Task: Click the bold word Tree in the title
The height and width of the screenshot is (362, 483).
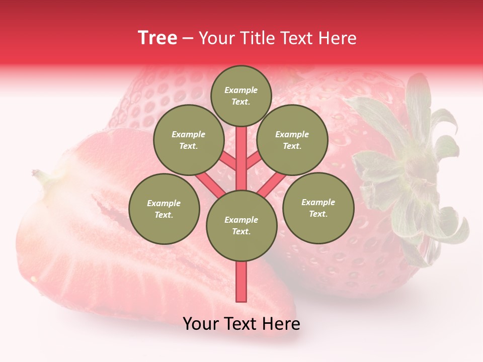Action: (x=157, y=38)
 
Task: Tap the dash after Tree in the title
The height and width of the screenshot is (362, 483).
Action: (x=188, y=39)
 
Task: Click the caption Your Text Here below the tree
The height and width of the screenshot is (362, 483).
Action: (x=241, y=324)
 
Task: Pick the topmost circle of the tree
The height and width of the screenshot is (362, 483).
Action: (x=241, y=96)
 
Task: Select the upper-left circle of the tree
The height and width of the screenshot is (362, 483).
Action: (x=188, y=140)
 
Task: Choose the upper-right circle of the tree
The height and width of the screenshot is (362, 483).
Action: (x=292, y=140)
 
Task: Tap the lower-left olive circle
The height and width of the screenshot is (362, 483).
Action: (x=164, y=209)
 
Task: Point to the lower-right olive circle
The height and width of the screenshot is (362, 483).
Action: (x=318, y=208)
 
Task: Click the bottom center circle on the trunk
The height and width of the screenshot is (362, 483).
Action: (x=242, y=225)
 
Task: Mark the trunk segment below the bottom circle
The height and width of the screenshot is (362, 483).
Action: (x=242, y=282)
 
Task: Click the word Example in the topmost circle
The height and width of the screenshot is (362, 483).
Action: (x=241, y=90)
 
